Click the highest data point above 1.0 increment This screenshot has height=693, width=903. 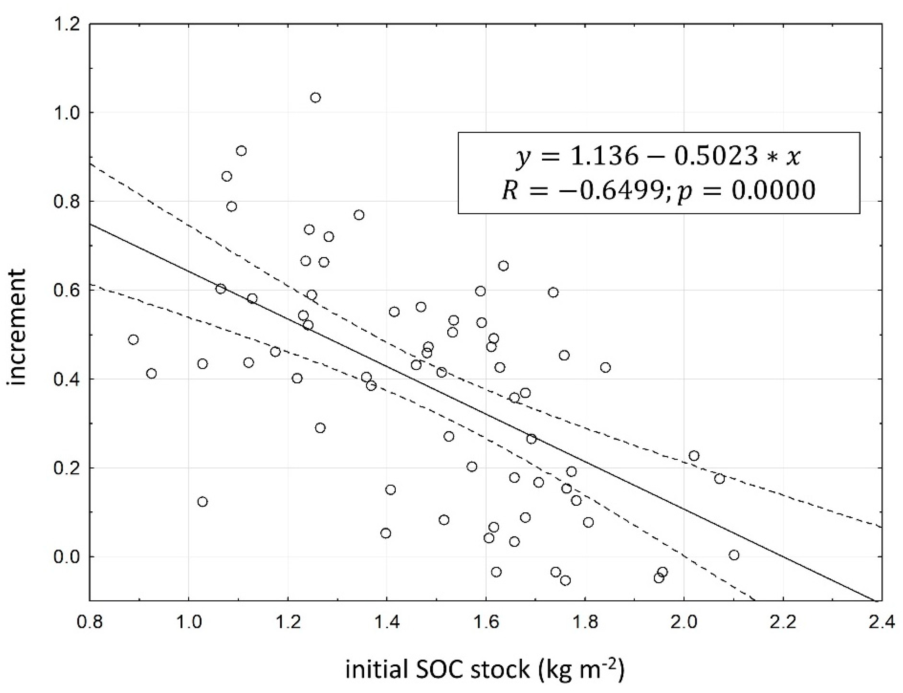(x=316, y=98)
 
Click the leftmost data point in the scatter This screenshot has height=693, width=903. (x=133, y=340)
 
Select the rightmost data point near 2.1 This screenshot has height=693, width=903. (x=734, y=555)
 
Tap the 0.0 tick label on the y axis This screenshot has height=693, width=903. (x=66, y=557)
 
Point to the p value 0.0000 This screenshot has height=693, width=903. (x=774, y=190)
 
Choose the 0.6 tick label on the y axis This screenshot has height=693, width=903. (x=66, y=290)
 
